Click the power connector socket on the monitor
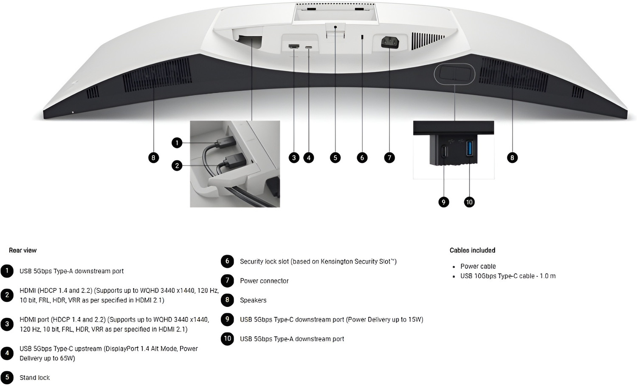tap(390, 43)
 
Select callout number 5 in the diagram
tap(335, 157)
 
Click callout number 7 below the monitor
tap(389, 157)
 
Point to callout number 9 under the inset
tap(444, 202)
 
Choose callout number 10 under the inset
tap(469, 202)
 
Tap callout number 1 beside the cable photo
tap(177, 142)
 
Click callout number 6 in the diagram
tap(362, 157)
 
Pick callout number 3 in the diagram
tap(294, 157)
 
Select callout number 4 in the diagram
tap(309, 157)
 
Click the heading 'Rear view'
tap(23, 250)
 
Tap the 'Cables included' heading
tap(472, 250)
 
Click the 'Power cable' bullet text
tap(478, 267)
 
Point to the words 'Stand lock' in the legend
tap(34, 378)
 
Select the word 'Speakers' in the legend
tap(253, 300)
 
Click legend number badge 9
tap(227, 319)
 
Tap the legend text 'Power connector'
tap(264, 281)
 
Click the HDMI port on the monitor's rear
tap(294, 46)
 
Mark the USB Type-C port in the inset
tap(444, 151)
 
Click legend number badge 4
tap(7, 353)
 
